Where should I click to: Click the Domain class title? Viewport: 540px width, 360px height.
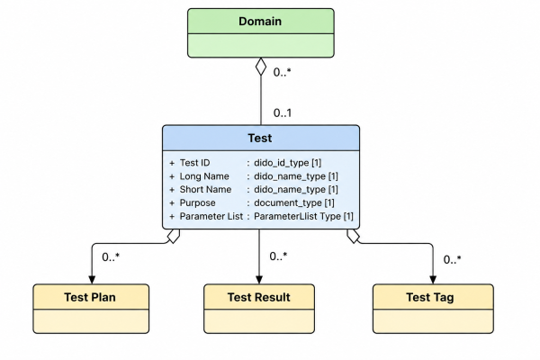pos(260,22)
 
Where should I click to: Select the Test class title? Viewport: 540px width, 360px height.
pos(260,138)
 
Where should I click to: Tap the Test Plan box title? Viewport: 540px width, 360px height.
pos(90,297)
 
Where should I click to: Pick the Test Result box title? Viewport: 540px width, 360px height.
pos(259,297)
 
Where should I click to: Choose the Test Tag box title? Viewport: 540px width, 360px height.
pos(430,297)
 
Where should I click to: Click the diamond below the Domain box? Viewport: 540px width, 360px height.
pos(261,67)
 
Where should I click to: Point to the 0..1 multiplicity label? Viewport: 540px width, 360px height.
pos(283,112)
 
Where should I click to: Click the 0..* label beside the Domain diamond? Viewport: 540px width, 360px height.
pos(282,72)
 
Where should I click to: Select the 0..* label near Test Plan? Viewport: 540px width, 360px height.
pos(111,257)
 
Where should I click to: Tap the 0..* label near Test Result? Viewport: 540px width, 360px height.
pos(278,256)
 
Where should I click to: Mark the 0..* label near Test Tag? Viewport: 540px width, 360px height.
pos(452,259)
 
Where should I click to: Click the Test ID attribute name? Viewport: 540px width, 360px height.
pos(194,163)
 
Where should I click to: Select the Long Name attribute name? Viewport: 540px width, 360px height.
pos(204,176)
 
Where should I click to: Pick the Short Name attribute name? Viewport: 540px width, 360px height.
pos(205,190)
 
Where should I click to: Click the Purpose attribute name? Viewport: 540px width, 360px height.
pos(197,202)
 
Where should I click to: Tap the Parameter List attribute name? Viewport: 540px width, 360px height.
pos(211,216)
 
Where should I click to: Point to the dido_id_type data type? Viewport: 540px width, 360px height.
pos(282,163)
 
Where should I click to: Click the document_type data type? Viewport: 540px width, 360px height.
pos(288,202)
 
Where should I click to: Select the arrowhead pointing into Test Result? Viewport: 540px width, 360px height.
pos(259,280)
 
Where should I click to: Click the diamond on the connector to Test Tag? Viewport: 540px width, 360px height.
pos(354,237)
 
